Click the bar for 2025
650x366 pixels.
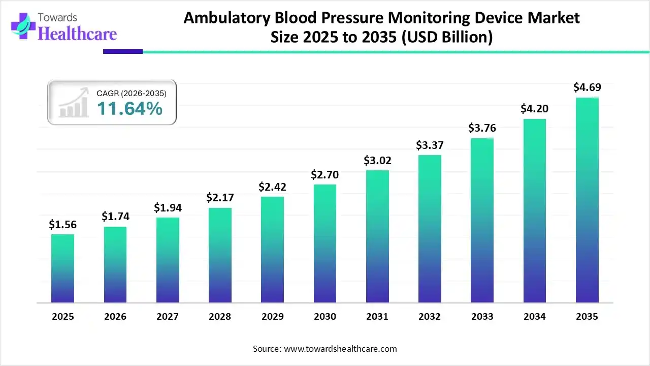(x=62, y=268)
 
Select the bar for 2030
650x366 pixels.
(x=324, y=243)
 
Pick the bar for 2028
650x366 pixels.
(x=220, y=255)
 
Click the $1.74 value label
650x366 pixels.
(x=115, y=217)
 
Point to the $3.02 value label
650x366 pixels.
(x=377, y=161)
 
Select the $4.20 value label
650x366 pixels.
(x=534, y=109)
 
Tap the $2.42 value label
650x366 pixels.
(x=272, y=187)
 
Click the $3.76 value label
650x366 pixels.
(x=482, y=128)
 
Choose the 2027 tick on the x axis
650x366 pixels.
(x=168, y=317)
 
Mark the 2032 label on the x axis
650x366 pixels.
(x=430, y=317)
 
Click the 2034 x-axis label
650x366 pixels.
(x=535, y=317)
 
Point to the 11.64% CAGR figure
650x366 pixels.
(x=129, y=108)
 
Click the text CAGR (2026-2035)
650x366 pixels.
(x=132, y=93)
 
